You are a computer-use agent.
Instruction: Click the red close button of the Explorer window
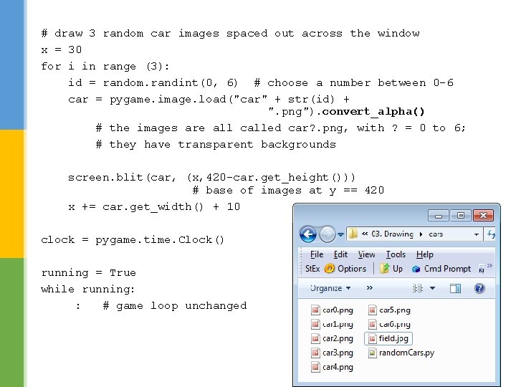[x=484, y=215]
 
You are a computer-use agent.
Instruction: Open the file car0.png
[x=333, y=310]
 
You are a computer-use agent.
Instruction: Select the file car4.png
[x=333, y=367]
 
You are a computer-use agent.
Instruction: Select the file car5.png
[x=390, y=310]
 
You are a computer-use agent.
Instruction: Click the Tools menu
[x=396, y=254]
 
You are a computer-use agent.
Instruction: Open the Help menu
[x=425, y=254]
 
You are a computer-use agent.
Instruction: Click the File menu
[x=317, y=254]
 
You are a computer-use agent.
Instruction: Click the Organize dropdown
[x=330, y=288]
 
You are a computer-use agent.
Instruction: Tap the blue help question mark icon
[x=479, y=288]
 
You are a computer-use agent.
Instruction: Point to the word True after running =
[x=123, y=273]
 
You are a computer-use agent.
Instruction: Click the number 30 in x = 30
[x=75, y=50]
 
